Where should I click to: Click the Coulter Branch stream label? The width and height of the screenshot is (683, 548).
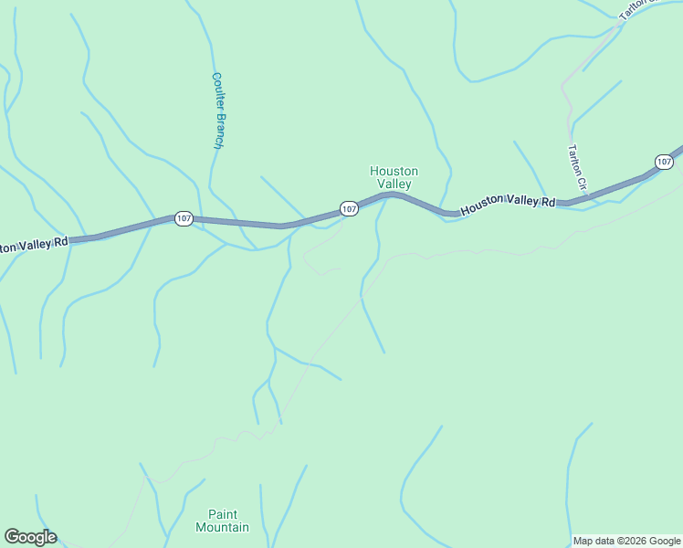click(217, 111)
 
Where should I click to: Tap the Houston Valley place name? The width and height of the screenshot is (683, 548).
click(394, 177)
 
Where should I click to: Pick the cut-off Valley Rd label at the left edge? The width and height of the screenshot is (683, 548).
click(35, 245)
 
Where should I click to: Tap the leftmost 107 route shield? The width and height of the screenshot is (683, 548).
click(184, 219)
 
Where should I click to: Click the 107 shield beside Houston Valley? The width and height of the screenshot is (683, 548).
click(349, 209)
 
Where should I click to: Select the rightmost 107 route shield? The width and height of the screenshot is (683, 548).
click(664, 162)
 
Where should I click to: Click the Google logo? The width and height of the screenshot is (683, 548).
click(30, 537)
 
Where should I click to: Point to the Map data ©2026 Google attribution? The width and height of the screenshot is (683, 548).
click(627, 541)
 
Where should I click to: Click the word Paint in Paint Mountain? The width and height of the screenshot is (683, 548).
click(222, 514)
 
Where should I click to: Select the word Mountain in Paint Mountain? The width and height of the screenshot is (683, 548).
click(222, 527)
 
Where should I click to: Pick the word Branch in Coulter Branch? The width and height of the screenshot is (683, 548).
click(218, 131)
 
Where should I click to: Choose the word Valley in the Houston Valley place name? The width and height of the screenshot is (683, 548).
click(394, 184)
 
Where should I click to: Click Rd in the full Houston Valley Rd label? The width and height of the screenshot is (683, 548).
click(547, 201)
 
